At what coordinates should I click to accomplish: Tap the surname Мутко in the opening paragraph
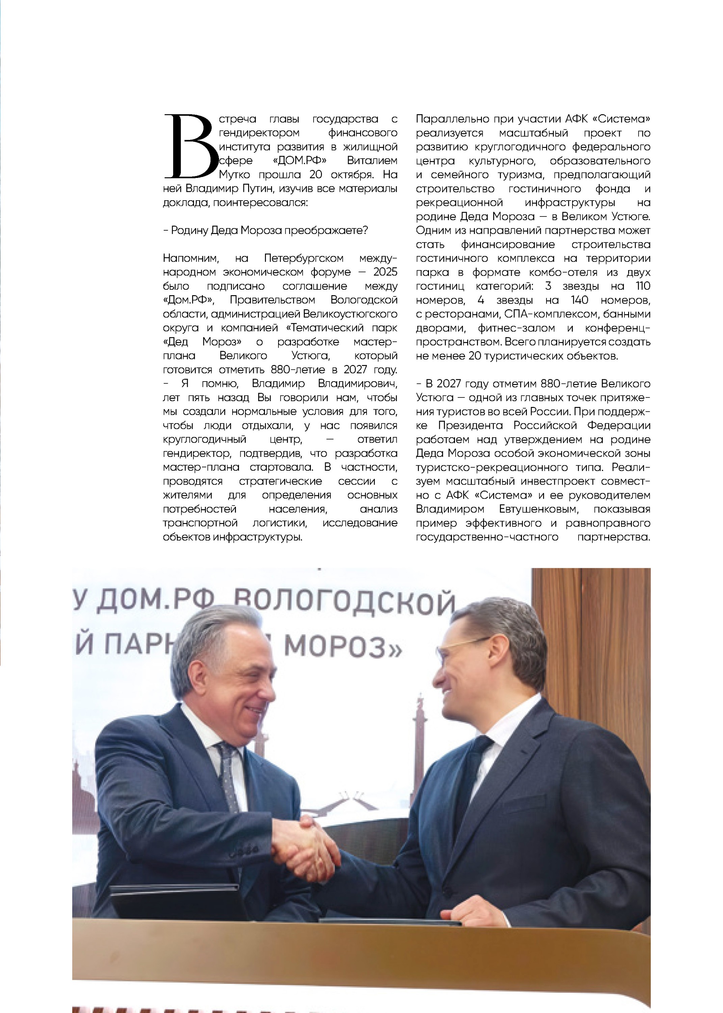pos(234,175)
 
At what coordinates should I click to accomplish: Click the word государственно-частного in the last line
pos(487,537)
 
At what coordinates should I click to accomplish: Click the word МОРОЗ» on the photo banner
pos(343,647)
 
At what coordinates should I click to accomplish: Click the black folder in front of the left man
pos(178,900)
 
